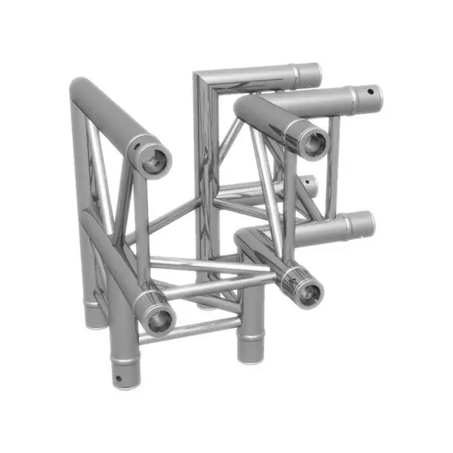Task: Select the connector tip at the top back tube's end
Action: (309, 73)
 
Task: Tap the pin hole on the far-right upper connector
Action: (368, 95)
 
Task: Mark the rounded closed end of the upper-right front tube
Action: (244, 110)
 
